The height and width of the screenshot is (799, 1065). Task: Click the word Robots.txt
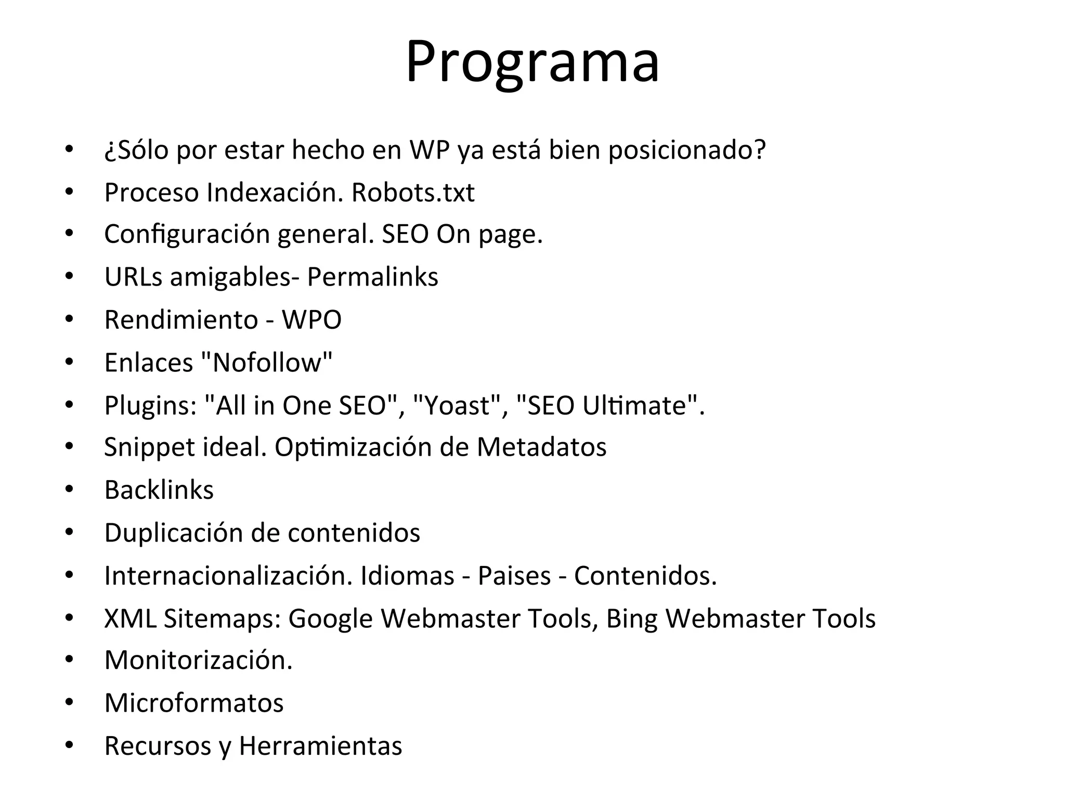point(413,192)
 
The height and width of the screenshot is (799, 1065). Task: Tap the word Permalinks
point(372,277)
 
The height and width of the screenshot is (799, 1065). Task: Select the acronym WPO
point(311,319)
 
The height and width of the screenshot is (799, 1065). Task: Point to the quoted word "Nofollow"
point(266,362)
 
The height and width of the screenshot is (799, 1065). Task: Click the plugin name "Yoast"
point(457,405)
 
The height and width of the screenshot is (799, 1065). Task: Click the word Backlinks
point(159,490)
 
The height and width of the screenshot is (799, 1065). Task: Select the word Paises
point(514,575)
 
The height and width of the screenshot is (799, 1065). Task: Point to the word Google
point(330,618)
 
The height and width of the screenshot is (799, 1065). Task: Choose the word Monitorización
point(198,660)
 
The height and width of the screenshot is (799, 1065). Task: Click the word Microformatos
point(194,703)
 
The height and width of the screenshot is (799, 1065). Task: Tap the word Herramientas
point(320,745)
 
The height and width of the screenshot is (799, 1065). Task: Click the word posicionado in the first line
point(686,150)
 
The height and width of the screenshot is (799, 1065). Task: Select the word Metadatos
point(541,447)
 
